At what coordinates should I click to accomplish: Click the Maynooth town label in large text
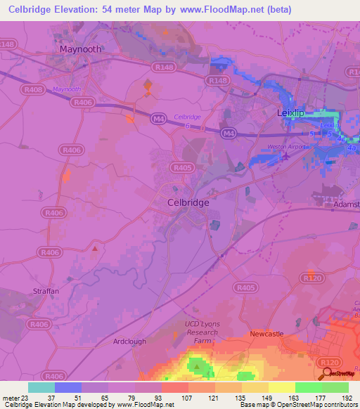pyautogui.click(x=81, y=50)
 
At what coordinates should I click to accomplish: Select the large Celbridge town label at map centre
pyautogui.click(x=188, y=202)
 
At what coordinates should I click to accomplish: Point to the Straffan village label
pyautogui.click(x=44, y=290)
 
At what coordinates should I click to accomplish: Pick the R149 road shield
pyautogui.click(x=217, y=82)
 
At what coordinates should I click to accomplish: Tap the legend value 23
pyautogui.click(x=27, y=397)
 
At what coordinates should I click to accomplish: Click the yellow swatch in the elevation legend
pyautogui.click(x=281, y=387)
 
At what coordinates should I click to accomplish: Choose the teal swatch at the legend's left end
pyautogui.click(x=41, y=387)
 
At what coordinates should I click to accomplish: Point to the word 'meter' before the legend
pyautogui.click(x=11, y=397)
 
